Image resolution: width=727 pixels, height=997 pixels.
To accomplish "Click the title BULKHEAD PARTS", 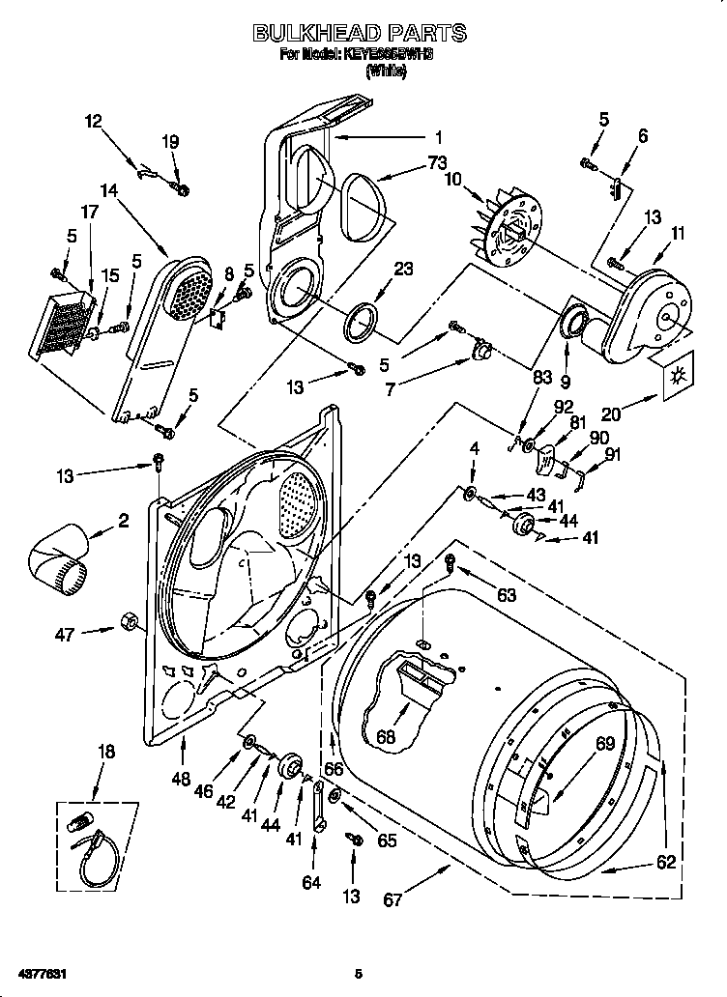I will tap(360, 34).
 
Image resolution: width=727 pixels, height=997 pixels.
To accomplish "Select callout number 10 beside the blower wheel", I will tap(454, 179).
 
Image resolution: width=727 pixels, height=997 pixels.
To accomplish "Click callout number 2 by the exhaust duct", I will tap(123, 521).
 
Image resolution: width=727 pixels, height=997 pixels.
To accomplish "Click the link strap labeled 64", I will tap(316, 804).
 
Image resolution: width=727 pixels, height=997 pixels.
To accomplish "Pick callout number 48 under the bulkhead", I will tap(181, 778).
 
